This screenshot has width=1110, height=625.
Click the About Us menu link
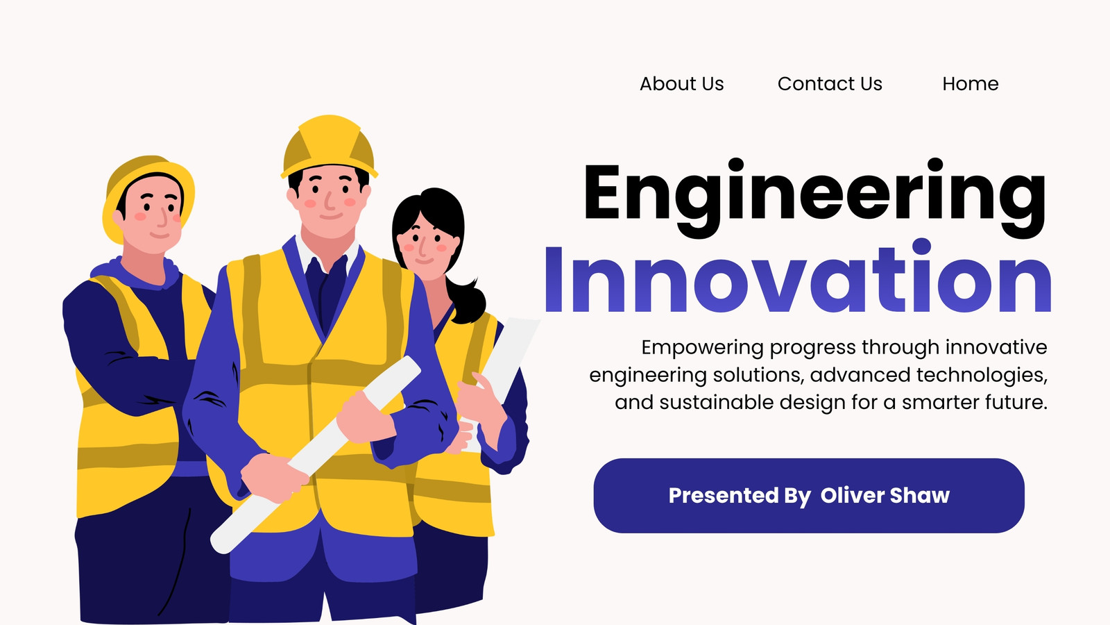click(681, 84)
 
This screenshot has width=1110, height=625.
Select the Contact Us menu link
click(830, 84)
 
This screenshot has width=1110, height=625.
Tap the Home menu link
click(971, 84)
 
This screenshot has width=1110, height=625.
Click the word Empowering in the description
click(702, 348)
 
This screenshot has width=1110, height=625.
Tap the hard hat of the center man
click(329, 146)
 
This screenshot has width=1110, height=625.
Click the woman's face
click(424, 248)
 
